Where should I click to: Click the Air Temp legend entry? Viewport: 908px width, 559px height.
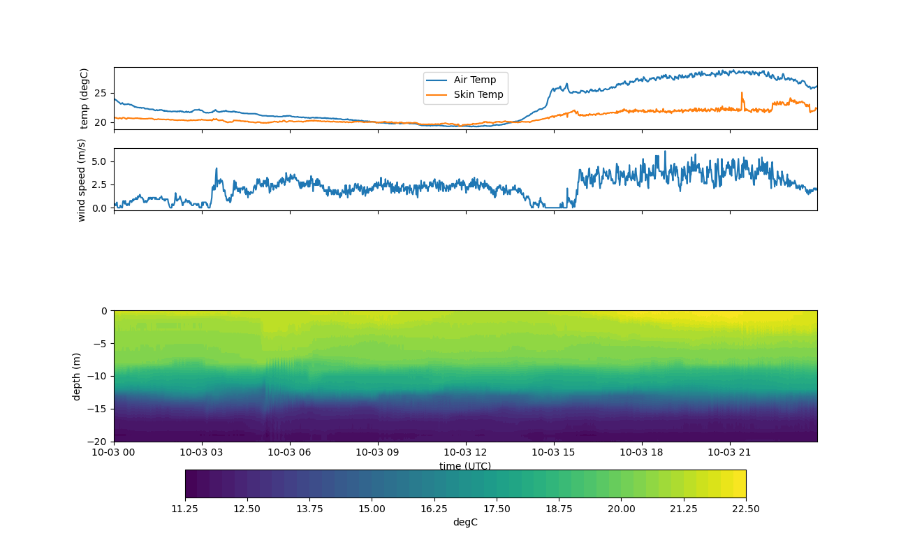click(474, 80)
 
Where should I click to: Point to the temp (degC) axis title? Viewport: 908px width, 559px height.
click(85, 99)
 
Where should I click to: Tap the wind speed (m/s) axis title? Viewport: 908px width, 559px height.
click(82, 180)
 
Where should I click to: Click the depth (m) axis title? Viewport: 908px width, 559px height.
click(77, 376)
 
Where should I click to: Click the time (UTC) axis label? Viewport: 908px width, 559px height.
click(465, 466)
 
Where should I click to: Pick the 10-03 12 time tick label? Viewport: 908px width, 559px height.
click(465, 452)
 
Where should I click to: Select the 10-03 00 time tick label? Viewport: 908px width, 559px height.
click(114, 452)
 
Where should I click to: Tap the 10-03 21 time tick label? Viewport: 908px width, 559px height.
click(730, 452)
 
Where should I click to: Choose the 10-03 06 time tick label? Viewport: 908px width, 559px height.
click(290, 452)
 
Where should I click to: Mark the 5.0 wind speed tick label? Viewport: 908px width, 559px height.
click(99, 161)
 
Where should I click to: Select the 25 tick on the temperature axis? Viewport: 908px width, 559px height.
click(101, 93)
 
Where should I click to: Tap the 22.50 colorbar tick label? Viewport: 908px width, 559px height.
click(745, 509)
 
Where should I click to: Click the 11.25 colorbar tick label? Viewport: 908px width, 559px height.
click(185, 509)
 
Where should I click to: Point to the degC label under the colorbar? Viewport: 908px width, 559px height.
click(465, 522)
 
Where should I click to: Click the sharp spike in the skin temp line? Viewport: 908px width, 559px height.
click(742, 93)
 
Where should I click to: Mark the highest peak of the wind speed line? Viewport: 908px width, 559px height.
click(665, 152)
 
